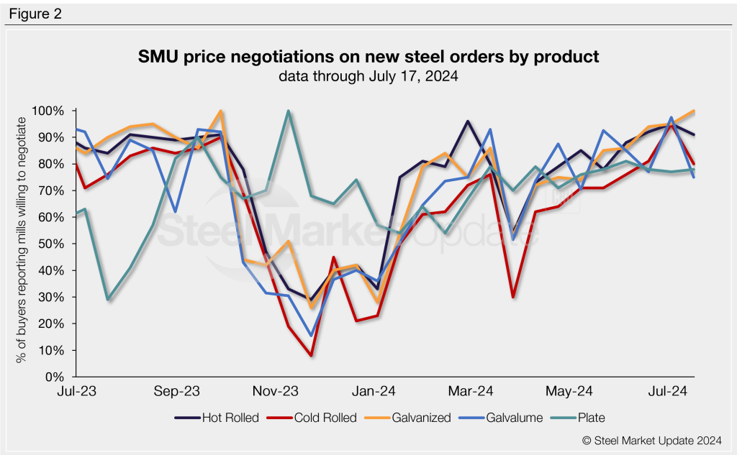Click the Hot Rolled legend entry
coord(216,417)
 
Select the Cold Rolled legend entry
coord(316,417)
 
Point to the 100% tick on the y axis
coord(48,111)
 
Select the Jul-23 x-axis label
coord(77,392)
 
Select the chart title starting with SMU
coord(368,57)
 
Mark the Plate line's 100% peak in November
coord(288,111)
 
